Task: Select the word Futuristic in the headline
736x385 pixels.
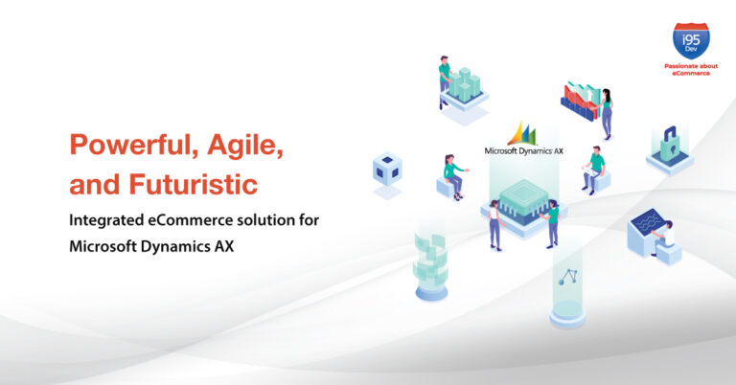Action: tap(193, 183)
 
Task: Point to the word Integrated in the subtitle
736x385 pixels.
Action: tap(106, 221)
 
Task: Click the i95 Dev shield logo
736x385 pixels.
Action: tap(691, 41)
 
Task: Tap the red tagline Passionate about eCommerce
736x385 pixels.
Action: tap(691, 69)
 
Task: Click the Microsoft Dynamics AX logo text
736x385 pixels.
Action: tap(523, 151)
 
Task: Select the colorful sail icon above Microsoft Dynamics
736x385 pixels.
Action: tap(522, 133)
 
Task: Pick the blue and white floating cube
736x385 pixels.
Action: tap(387, 168)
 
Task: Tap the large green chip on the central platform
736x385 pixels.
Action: tap(523, 197)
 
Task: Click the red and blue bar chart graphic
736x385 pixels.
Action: tap(580, 101)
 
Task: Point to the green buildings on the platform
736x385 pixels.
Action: tap(464, 84)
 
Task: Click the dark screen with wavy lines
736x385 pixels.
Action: tap(646, 221)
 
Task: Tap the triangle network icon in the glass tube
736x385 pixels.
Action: tap(567, 277)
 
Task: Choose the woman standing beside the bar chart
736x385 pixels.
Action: tap(606, 114)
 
